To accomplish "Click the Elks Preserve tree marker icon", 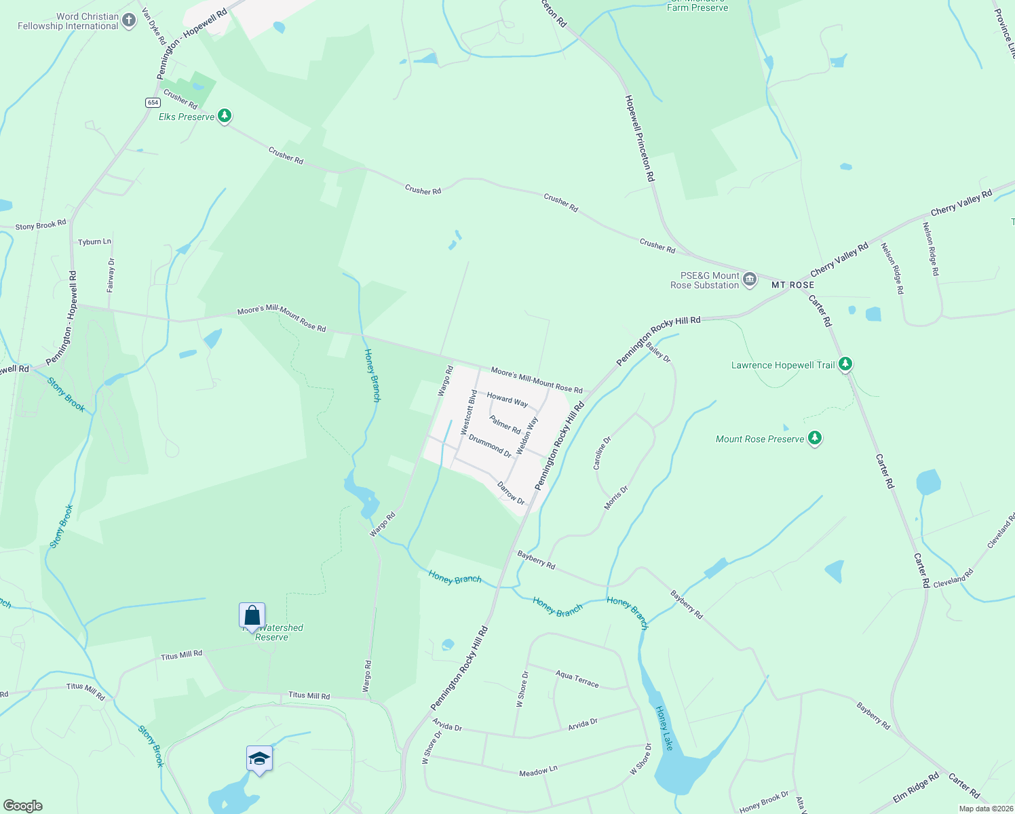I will point(225,116).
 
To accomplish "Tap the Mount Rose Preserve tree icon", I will point(815,438).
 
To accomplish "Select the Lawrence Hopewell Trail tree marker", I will point(845,364).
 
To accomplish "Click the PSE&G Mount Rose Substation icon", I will point(750,279).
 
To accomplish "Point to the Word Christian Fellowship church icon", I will point(129,21).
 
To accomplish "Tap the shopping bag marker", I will point(252,616).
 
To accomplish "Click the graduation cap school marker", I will point(259,758).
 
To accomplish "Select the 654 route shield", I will point(152,102).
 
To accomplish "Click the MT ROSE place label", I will point(792,285).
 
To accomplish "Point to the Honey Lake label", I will point(664,728).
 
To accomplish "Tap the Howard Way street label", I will point(507,400).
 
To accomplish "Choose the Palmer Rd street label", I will point(505,425).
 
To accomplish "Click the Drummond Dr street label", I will point(490,446).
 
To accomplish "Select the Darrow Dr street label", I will point(511,493).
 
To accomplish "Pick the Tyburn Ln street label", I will point(94,241).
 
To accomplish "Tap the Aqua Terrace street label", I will point(577,678).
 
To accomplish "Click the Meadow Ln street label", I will point(538,771).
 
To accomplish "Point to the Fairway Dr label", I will point(111,275).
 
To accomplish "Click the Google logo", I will point(22,806).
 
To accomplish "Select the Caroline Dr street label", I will point(602,452).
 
